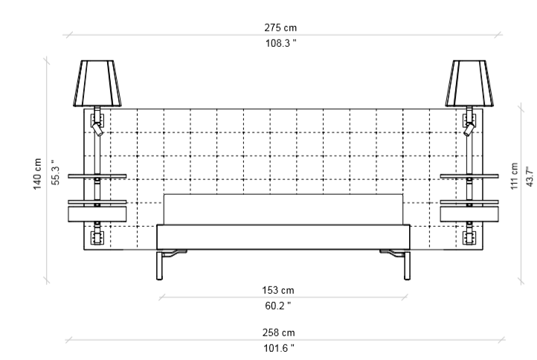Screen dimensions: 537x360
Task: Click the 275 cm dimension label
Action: pos(280,28)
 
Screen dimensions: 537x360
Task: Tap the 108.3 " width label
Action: pos(281,43)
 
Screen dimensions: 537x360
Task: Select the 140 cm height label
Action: pos(37,173)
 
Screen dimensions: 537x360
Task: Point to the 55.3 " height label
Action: pos(56,173)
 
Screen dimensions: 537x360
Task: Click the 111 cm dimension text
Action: pos(514,176)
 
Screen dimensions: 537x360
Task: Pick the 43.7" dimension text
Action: pos(530,177)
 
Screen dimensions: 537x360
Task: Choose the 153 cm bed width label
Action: pos(278,291)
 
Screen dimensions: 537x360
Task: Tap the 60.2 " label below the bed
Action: pos(278,306)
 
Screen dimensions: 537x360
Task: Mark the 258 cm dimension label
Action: pos(278,332)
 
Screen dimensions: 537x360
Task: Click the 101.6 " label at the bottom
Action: pos(279,348)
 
